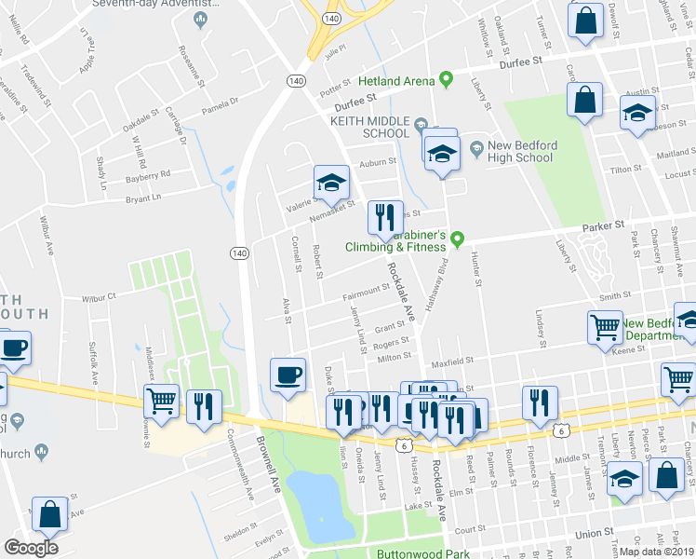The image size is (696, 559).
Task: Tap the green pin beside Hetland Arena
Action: pos(446,79)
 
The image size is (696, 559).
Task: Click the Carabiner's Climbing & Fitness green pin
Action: pos(457,240)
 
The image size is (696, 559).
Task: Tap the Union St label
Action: pos(594,534)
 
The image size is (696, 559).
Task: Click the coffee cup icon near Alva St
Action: pos(287,375)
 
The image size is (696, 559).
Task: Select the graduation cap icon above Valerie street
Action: pos(330,181)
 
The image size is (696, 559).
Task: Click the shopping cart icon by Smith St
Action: pos(605,327)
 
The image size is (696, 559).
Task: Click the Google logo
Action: pos(31,548)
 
